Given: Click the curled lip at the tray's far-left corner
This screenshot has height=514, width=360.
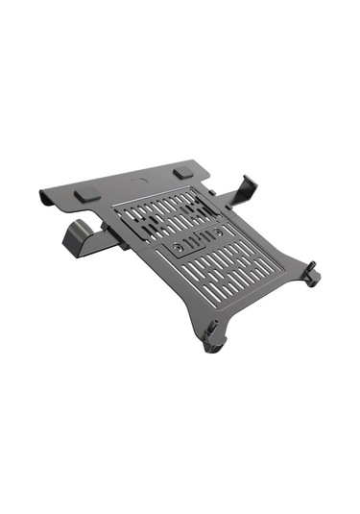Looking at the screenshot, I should pos(43,198).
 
